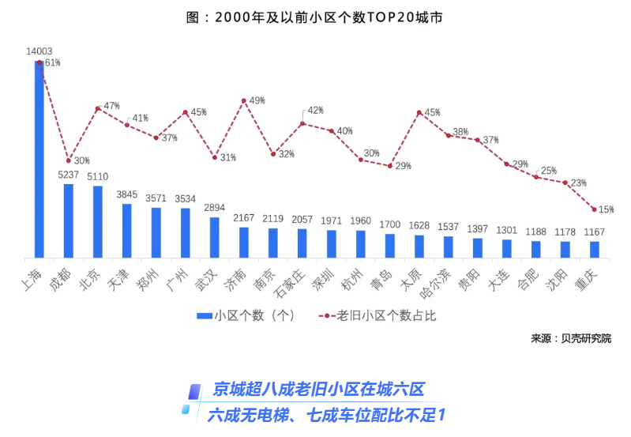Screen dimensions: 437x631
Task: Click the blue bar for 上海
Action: point(39,158)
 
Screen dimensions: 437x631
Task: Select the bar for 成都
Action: point(69,220)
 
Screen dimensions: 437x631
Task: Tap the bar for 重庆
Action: point(595,249)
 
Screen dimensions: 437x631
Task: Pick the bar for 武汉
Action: point(215,237)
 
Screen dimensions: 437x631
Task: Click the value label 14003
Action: point(39,51)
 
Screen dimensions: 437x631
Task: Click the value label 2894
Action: point(215,208)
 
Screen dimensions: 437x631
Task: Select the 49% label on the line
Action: point(257,101)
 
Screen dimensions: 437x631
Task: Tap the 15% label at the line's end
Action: point(607,209)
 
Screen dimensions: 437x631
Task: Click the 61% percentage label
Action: point(52,62)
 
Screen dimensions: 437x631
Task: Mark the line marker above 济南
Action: point(244,100)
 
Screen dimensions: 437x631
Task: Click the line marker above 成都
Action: point(69,160)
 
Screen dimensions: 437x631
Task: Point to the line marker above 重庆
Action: point(595,209)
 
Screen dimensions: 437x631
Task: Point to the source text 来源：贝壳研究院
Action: point(571,338)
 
